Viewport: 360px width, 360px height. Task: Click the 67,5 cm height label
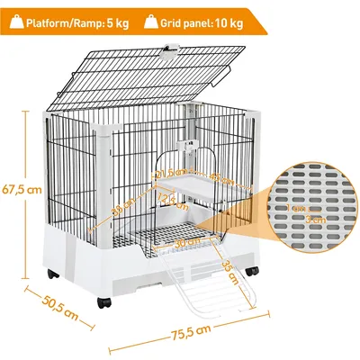point(21,190)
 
